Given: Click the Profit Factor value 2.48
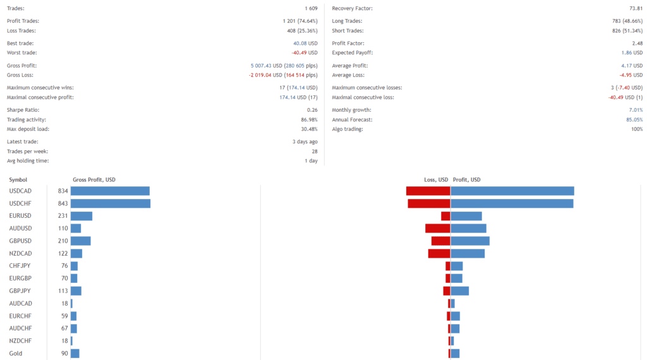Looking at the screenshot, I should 637,43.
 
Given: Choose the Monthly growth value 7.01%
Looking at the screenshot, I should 634,110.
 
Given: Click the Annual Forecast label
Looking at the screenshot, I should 352,119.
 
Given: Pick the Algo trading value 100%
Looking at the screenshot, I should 636,129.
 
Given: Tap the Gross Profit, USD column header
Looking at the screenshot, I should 94,180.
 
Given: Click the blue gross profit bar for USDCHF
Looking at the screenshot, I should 111,203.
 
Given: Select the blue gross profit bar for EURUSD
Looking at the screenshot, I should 82,216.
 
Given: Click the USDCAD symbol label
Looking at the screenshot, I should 20,191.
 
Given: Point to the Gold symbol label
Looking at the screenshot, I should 16,353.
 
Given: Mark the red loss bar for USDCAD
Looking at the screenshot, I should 428,191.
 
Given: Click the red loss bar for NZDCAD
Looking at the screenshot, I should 438,253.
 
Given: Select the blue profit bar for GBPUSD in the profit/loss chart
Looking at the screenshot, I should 470,241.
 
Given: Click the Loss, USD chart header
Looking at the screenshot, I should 436,180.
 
